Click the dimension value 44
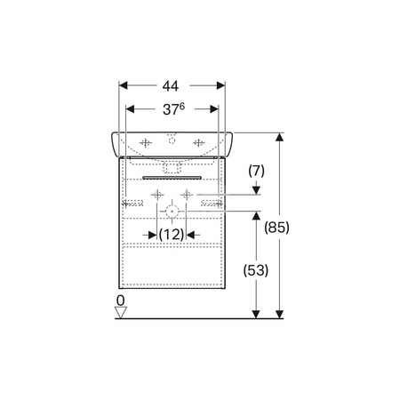point(171,86)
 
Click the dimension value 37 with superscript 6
point(173,109)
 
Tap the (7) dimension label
point(256,171)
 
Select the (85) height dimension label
point(276,228)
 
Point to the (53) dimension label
point(256,270)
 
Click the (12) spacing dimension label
point(172,235)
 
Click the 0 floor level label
point(121,300)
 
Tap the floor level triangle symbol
point(121,312)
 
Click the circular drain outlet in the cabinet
point(172,212)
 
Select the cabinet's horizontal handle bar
point(172,178)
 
